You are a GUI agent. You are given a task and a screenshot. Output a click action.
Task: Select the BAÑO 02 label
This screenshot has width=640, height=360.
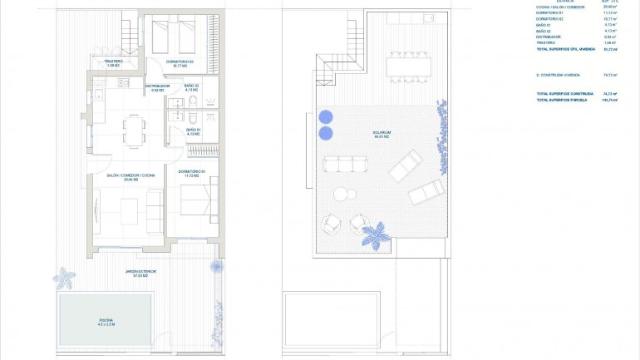click(x=192, y=87)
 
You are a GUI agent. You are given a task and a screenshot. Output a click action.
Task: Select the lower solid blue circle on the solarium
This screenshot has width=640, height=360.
click(x=325, y=133)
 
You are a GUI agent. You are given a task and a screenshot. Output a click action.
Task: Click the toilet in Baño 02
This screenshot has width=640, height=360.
click(x=190, y=102)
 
